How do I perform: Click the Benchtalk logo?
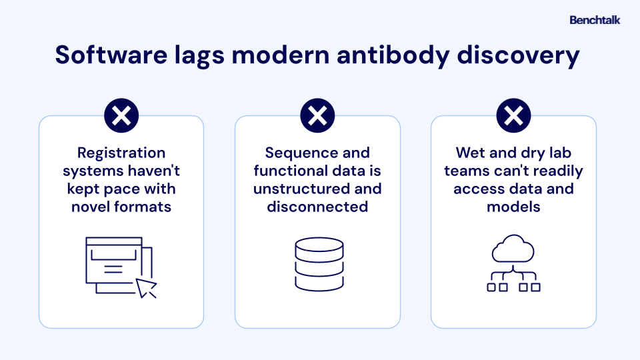(595, 20)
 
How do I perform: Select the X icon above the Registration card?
(121, 115)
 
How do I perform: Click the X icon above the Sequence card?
(317, 115)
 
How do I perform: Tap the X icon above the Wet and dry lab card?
(513, 115)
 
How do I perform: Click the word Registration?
(121, 153)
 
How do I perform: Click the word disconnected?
(317, 207)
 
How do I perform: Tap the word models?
(513, 207)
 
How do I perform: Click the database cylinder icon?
(319, 265)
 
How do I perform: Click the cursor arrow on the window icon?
(145, 287)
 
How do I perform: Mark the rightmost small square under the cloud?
(535, 287)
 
